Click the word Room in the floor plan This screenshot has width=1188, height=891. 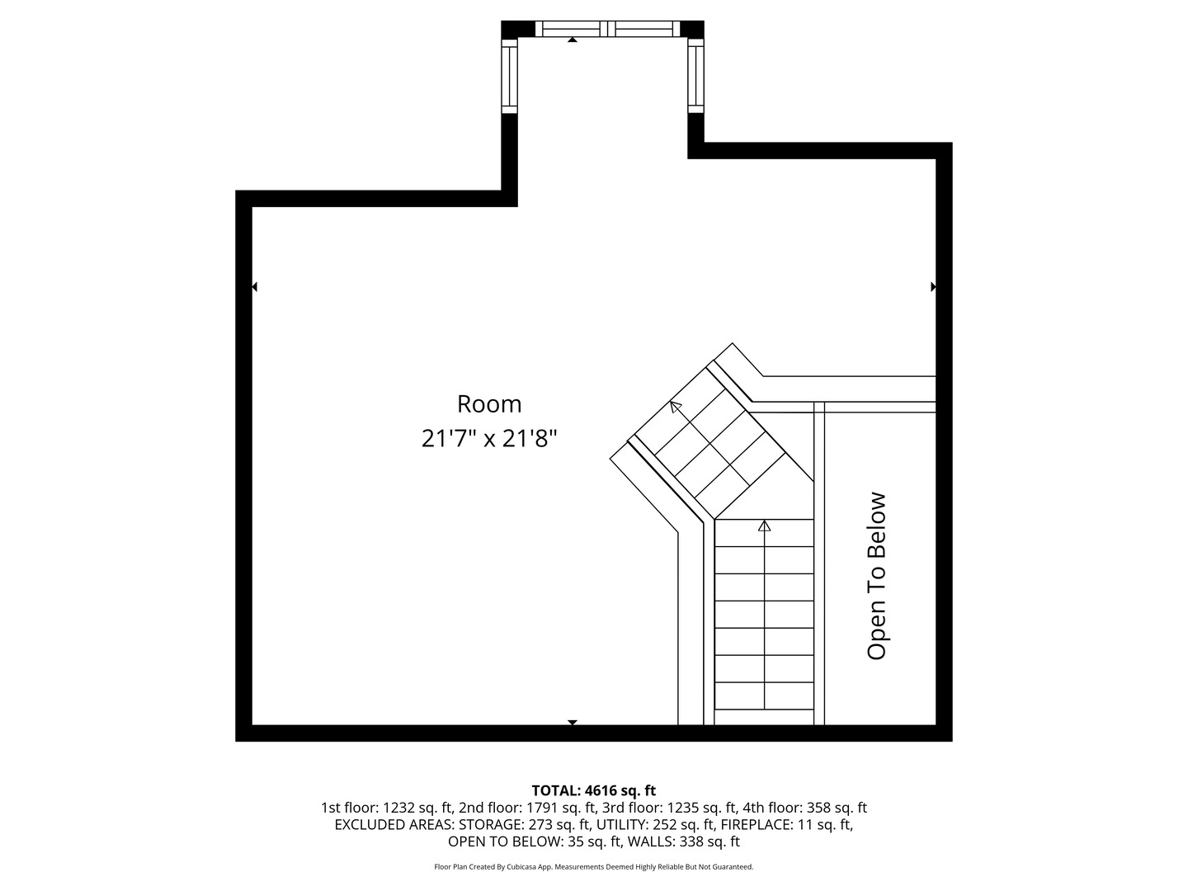489,404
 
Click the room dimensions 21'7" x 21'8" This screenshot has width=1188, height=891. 489,438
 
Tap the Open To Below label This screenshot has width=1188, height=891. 876,576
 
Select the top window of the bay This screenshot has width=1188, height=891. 610,29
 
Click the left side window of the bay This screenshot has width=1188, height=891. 509,76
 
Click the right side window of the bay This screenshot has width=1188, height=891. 695,76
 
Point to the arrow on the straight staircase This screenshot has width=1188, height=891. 764,526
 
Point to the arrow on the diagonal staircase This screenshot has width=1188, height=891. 676,406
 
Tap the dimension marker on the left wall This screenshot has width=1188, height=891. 254,287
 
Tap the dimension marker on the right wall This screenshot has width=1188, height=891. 933,287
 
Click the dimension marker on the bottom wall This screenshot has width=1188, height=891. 572,722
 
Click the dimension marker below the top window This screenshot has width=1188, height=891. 572,40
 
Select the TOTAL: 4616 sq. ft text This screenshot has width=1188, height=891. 593,790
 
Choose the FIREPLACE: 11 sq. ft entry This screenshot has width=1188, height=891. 786,825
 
